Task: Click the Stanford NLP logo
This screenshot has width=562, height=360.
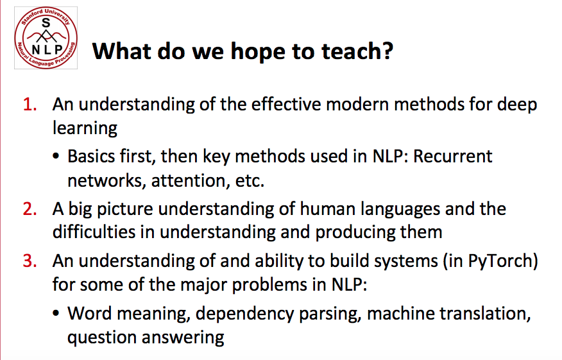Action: pyautogui.click(x=46, y=38)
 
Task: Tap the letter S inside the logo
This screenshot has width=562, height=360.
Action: pyautogui.click(x=46, y=23)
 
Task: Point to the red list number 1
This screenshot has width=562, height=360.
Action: pyautogui.click(x=30, y=105)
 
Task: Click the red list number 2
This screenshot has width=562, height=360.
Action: pyautogui.click(x=30, y=209)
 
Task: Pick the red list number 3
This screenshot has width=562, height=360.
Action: pyautogui.click(x=30, y=261)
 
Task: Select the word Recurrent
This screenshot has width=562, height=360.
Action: pyautogui.click(x=453, y=157)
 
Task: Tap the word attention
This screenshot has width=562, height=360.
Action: pyautogui.click(x=191, y=180)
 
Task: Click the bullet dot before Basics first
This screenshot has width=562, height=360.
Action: pyautogui.click(x=56, y=157)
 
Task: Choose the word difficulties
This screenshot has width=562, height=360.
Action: pyautogui.click(x=94, y=232)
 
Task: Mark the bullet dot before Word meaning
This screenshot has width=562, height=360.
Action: pyautogui.click(x=56, y=313)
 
